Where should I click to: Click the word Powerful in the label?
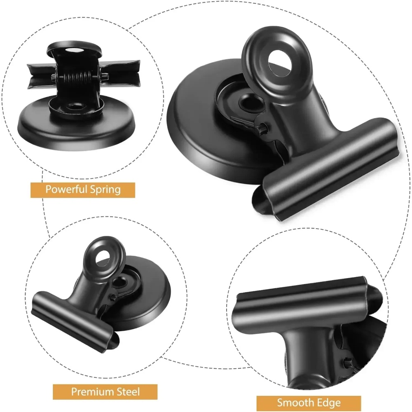(x=66, y=190)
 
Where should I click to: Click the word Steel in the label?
(x=128, y=391)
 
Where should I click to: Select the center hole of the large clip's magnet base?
(x=249, y=103)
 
